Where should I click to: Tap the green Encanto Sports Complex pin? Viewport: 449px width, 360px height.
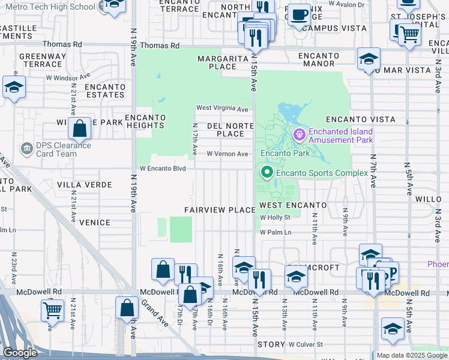coord(267,173)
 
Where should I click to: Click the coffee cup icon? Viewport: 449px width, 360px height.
coord(298,14)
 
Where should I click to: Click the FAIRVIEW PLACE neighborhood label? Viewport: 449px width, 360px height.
coord(220,210)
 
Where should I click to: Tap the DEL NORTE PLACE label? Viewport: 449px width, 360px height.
coord(231,130)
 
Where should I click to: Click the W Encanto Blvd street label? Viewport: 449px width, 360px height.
coord(163,169)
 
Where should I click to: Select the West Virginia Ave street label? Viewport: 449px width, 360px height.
coord(222,109)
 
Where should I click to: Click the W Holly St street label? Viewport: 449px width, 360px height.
coord(275,218)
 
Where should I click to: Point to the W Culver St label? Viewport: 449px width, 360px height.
coord(306,344)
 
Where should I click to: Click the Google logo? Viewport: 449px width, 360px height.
coord(20,353)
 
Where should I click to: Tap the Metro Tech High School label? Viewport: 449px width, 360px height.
coord(58,7)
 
